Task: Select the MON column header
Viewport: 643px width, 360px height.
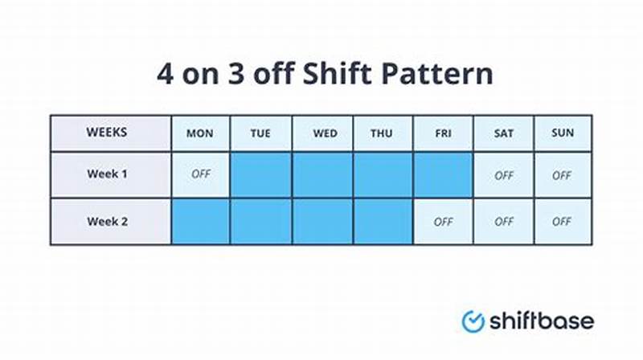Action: (x=200, y=133)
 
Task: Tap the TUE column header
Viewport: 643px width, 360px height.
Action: (x=260, y=133)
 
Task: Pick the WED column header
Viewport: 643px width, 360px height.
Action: (x=321, y=133)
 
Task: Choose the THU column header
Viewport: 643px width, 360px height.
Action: (x=382, y=133)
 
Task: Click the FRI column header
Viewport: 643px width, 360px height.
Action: (x=443, y=133)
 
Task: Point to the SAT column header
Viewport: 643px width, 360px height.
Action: (x=503, y=133)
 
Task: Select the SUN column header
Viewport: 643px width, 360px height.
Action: (x=563, y=133)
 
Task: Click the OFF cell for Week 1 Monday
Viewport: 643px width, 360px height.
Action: (x=200, y=174)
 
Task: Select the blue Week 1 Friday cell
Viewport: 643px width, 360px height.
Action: (x=443, y=174)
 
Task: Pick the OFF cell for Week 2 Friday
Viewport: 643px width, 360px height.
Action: (x=443, y=222)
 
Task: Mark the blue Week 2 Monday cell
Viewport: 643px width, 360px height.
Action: (x=200, y=222)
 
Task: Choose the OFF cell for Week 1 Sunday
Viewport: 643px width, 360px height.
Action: (x=563, y=174)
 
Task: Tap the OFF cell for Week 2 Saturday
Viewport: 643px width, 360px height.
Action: (x=503, y=222)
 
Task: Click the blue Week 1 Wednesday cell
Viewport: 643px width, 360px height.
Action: (x=321, y=174)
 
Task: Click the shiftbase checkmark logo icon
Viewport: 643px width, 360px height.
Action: (x=473, y=321)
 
